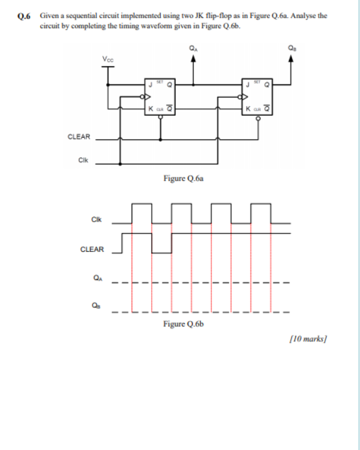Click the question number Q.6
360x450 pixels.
pos(26,15)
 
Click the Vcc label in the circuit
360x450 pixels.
pos(108,59)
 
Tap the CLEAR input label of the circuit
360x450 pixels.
pos(79,136)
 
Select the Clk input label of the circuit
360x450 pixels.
pos(83,160)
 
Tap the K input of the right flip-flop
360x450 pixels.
pos(248,108)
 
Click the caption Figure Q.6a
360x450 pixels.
pos(183,178)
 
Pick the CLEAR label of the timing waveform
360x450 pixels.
pos(93,250)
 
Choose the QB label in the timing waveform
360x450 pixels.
pos(96,308)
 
